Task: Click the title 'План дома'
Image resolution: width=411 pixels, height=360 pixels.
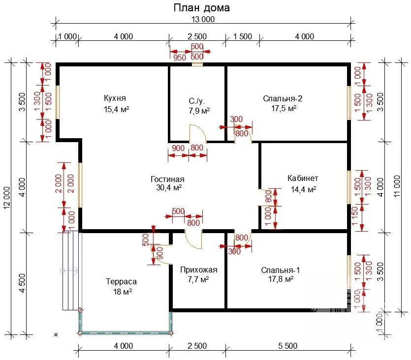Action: coord(202,8)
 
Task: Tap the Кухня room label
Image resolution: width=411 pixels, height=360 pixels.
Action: coord(115,98)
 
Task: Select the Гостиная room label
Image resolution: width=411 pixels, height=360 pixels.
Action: coord(167,179)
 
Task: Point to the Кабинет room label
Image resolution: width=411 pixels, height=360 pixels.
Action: coord(303,179)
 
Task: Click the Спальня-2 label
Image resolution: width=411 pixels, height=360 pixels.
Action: coord(283,98)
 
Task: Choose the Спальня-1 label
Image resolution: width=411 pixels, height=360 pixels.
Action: coord(281,270)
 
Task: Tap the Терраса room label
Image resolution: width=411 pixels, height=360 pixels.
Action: coord(122,281)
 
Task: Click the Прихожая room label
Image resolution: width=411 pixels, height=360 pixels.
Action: coord(199,270)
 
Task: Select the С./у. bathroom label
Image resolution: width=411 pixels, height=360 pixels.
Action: coord(196,101)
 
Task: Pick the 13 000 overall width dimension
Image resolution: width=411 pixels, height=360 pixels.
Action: coord(203,19)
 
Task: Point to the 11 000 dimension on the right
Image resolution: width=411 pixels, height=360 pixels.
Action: coord(397,187)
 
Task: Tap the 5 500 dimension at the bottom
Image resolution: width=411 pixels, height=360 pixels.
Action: coord(288,346)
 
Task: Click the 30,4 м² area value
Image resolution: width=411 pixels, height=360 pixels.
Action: coord(169,188)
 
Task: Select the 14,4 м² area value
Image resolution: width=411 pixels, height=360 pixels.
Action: coord(303,189)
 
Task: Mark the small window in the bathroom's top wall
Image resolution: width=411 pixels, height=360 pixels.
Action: coord(197,64)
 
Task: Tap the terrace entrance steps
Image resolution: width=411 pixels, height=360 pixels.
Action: coord(71,270)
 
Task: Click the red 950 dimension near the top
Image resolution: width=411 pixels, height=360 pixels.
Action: coord(180,58)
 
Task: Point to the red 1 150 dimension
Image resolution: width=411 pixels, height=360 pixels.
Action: coord(355,216)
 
